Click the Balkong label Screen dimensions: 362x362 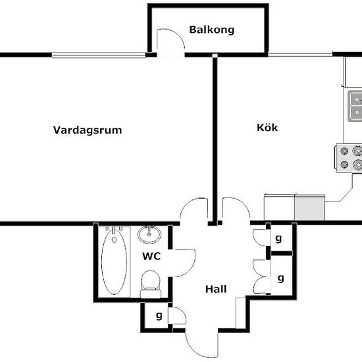click(x=212, y=30)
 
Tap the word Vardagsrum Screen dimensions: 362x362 click(x=88, y=130)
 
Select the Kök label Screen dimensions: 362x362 click(x=267, y=128)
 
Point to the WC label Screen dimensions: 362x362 click(x=151, y=256)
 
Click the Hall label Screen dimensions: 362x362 click(x=216, y=289)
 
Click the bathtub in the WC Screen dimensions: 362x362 click(x=114, y=261)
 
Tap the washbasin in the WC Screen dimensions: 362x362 click(x=149, y=234)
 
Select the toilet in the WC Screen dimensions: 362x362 click(x=151, y=284)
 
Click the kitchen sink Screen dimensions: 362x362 click(x=355, y=106)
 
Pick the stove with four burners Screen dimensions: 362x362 click(x=349, y=158)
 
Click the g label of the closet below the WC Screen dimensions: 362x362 click(x=159, y=315)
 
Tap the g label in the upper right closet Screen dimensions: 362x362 click(x=278, y=238)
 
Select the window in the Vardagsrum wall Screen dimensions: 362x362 click(x=99, y=55)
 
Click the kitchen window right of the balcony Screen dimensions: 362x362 click(x=300, y=54)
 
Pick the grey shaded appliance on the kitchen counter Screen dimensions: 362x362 click(x=309, y=207)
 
